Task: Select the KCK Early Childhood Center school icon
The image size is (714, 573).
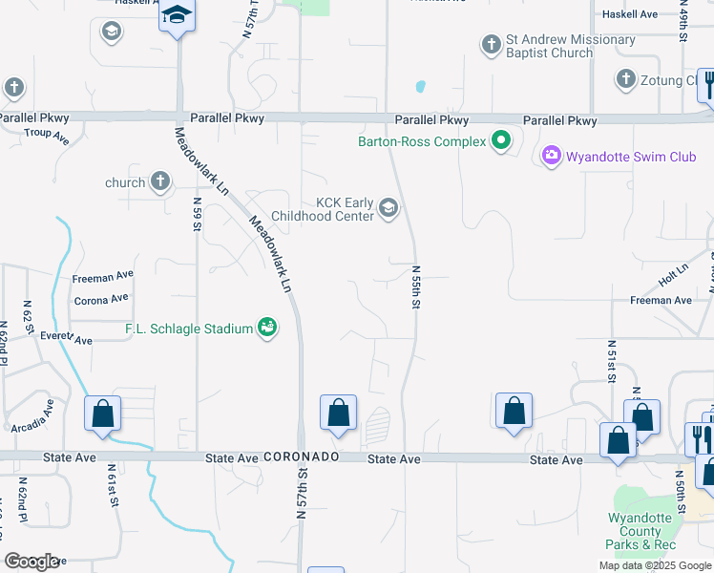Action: [x=388, y=207]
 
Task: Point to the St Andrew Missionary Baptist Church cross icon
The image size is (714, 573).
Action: [x=492, y=44]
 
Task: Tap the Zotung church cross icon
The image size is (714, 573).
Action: [x=625, y=79]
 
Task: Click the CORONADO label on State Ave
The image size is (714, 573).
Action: [x=302, y=457]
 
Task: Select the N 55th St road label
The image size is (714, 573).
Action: [x=416, y=286]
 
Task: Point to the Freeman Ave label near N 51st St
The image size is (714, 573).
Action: [x=661, y=300]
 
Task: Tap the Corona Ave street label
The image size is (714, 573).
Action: [x=100, y=299]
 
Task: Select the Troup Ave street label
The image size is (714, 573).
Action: [x=47, y=137]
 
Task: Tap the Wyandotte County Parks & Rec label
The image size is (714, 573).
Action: [x=640, y=531]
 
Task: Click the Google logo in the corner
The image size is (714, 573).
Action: [x=31, y=561]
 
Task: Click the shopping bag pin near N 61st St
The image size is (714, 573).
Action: [x=103, y=414]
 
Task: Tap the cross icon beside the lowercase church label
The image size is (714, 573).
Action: [x=160, y=181]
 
